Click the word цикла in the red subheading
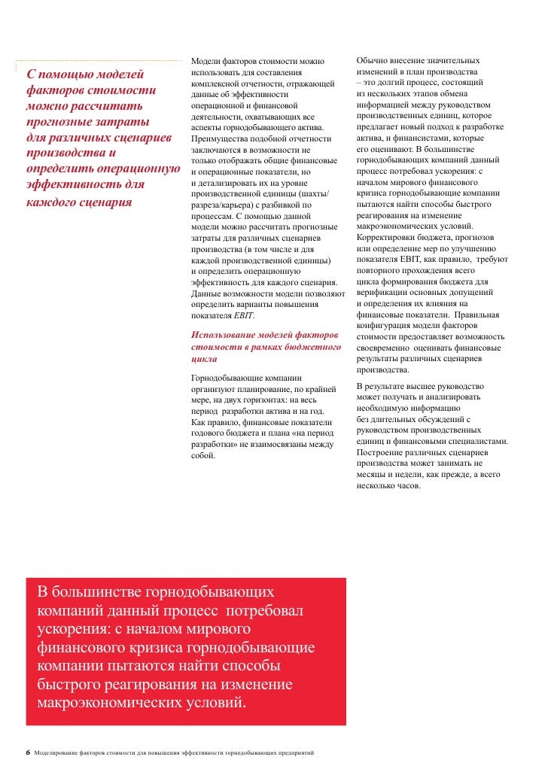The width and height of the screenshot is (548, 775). point(205,360)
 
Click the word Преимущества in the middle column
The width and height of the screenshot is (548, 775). point(224,139)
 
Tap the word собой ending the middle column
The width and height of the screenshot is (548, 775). point(203,456)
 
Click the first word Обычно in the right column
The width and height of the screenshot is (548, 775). point(373,60)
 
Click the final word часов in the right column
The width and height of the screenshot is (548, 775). point(407,485)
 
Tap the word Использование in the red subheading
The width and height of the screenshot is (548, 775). point(223,334)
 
